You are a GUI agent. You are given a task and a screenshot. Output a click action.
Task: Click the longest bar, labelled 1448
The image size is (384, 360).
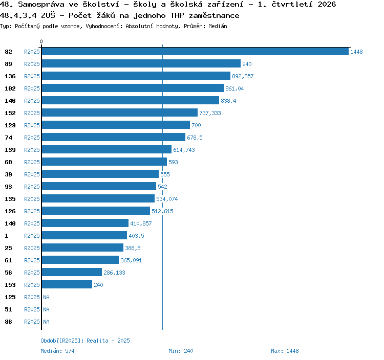195,51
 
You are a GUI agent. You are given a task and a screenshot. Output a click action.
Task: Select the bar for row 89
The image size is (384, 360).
141,63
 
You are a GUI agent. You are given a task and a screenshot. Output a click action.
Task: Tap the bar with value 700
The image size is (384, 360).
116,125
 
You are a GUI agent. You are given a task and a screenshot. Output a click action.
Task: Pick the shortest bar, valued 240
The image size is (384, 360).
67,284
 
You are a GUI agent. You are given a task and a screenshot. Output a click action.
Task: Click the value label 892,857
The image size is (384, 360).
243,76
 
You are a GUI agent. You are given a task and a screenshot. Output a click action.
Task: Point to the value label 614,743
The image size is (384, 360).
184,150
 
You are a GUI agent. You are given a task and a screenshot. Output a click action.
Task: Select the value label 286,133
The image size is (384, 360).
114,273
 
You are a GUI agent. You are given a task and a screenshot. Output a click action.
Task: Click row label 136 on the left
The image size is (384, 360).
10,76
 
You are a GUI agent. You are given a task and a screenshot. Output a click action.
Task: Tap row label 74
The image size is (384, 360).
8,138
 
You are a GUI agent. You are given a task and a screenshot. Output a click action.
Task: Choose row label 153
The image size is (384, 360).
10,285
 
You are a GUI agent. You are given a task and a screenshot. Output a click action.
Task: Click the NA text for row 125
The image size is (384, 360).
46,297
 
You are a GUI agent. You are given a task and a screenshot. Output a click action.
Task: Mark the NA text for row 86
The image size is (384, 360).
46,322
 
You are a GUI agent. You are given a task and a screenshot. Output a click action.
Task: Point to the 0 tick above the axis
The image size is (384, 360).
41,41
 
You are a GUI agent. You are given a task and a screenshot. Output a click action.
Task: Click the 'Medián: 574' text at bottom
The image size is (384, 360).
57,351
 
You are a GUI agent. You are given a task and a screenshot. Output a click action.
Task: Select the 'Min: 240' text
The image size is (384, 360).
181,351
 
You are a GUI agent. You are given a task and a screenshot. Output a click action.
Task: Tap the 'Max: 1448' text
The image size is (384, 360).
285,351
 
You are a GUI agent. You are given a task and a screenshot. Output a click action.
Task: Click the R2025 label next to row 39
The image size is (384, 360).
32,174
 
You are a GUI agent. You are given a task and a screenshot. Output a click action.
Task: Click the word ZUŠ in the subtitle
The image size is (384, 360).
48,15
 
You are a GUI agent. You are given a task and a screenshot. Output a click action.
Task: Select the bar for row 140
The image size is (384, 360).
85,223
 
